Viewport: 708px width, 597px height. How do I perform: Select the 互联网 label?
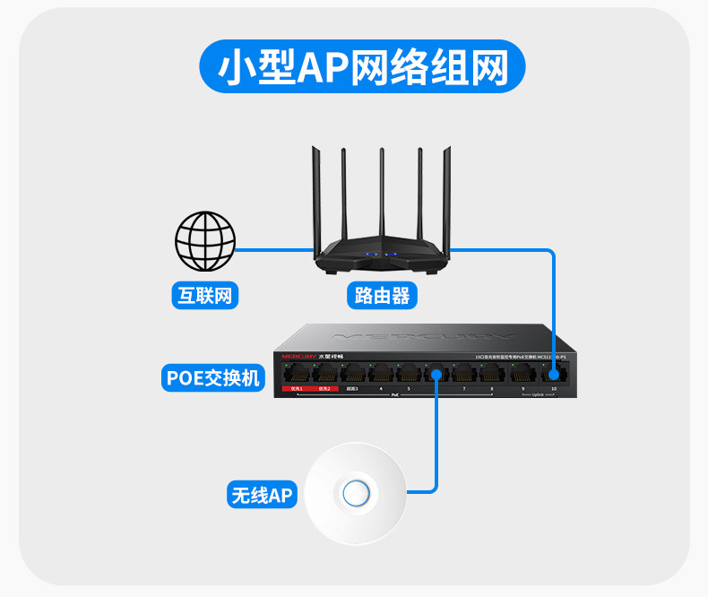click(205, 295)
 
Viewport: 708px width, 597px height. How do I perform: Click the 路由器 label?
click(382, 295)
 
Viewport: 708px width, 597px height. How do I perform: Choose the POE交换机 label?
click(212, 377)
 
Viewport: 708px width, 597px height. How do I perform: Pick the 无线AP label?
click(262, 495)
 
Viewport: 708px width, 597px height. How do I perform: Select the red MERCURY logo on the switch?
click(298, 357)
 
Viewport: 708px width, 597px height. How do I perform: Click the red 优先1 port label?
click(295, 389)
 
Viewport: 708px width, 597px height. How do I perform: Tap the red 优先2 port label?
click(324, 389)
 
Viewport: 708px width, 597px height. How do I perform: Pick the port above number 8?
click(491, 374)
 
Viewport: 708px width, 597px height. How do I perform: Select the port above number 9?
click(522, 374)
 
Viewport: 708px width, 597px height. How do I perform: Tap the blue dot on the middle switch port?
click(436, 372)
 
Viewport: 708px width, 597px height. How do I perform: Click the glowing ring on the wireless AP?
click(356, 493)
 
